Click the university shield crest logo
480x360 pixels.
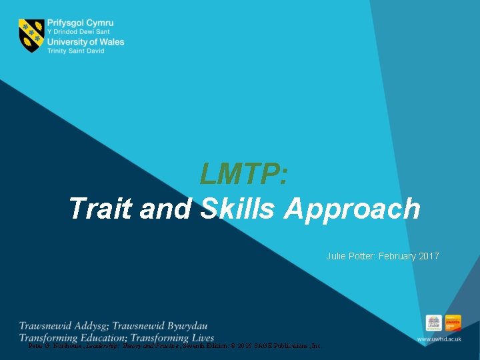pyautogui.click(x=31, y=35)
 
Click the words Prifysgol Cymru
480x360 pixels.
pyautogui.click(x=81, y=23)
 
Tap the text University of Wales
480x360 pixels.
pyautogui.click(x=85, y=42)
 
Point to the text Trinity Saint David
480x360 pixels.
pyautogui.click(x=75, y=51)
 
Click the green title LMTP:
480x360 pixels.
pyautogui.click(x=244, y=175)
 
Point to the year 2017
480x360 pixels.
pyautogui.click(x=429, y=256)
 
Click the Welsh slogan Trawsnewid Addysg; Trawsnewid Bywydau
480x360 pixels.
pyautogui.click(x=113, y=326)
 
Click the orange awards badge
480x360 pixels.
pyautogui.click(x=453, y=323)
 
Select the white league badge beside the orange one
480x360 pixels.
pyautogui.click(x=434, y=323)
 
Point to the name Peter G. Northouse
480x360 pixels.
pyautogui.click(x=53, y=346)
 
